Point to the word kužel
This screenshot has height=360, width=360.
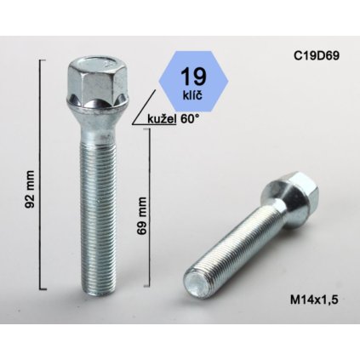(159, 119)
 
